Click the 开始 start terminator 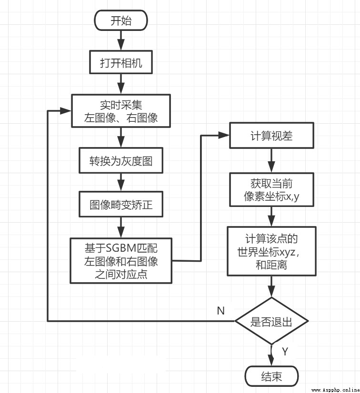121,20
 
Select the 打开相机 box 121,62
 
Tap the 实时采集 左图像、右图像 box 121,111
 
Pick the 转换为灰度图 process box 121,160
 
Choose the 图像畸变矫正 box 121,204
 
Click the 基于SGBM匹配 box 121,261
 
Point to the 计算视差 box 271,135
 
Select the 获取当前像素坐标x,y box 271,190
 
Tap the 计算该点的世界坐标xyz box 271,251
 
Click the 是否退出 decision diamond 271,321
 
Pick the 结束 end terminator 271,376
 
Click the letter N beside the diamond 221,311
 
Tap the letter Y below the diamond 285,352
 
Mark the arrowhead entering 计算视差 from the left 224,135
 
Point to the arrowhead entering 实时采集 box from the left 66,111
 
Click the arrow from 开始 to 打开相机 121,40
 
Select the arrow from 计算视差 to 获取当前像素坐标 271,160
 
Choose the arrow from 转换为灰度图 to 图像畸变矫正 121,182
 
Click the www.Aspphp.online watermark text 335,390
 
